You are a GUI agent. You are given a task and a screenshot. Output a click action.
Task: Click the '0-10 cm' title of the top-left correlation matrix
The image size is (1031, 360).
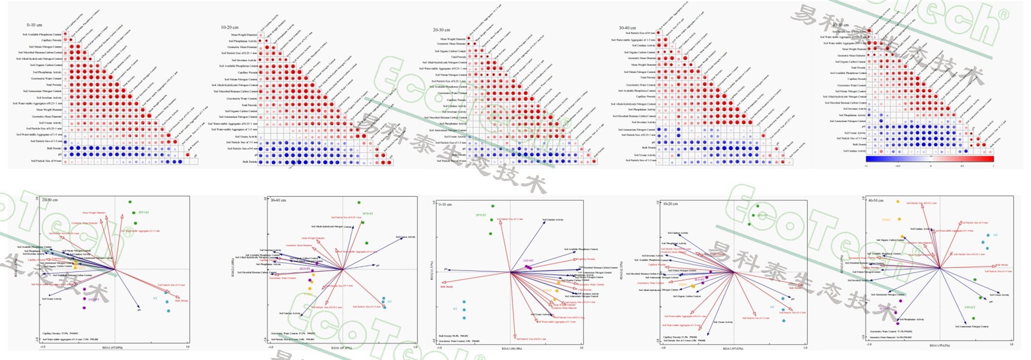(35, 25)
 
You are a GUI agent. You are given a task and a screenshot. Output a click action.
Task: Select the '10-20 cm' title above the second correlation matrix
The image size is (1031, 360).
(230, 27)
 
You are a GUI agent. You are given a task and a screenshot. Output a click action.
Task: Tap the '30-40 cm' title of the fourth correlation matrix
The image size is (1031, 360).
(627, 28)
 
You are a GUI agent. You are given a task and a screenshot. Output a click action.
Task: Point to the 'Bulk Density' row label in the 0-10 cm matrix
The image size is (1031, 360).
(54, 148)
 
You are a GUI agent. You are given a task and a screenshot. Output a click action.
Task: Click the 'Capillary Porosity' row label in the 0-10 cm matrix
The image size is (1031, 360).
(52, 40)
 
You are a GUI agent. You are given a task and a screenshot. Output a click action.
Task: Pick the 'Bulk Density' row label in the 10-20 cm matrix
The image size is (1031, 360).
(250, 162)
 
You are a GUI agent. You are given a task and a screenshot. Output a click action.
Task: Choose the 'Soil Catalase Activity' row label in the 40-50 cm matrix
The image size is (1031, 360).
(854, 151)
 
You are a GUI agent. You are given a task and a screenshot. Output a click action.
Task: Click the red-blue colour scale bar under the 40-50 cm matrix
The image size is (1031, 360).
(929, 159)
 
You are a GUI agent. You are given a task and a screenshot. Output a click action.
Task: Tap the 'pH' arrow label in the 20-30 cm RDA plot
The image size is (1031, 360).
(139, 310)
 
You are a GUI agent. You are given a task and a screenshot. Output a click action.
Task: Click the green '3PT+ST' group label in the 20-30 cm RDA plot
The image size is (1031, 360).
(144, 212)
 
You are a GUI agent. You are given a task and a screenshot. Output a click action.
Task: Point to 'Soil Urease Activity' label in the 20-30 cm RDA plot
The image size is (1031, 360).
(52, 299)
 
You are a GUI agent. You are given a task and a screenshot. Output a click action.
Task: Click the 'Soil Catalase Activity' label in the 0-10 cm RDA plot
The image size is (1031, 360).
(553, 220)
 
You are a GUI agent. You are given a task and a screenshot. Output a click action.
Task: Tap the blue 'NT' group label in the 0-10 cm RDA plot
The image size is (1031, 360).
(455, 309)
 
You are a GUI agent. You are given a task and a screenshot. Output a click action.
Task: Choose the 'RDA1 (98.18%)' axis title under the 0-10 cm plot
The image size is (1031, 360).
(512, 349)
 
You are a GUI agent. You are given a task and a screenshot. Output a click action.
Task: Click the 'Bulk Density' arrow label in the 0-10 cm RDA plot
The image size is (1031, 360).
(446, 287)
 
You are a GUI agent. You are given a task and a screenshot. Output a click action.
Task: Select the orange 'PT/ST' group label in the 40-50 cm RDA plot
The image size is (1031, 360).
(886, 220)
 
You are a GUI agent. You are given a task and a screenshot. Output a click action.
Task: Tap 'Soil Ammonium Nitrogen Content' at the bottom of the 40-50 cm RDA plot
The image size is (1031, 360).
(972, 326)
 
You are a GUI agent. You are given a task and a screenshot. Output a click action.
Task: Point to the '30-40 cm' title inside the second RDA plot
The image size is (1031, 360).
(279, 200)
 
